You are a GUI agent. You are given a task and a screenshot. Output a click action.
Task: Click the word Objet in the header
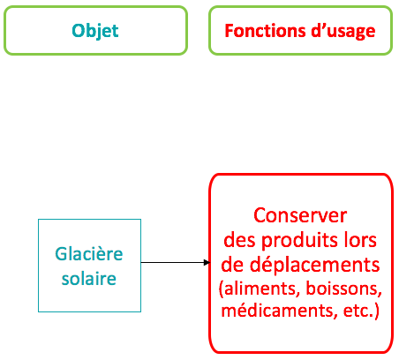95,31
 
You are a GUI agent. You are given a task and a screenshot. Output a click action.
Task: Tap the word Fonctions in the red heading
266,31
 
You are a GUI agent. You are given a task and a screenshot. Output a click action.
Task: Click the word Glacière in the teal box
89,253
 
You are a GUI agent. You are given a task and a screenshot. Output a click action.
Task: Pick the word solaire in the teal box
89,278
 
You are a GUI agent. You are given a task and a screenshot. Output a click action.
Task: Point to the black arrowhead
207,262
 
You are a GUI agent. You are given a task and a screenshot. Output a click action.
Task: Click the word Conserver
300,215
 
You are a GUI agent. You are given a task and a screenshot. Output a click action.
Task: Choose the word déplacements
315,266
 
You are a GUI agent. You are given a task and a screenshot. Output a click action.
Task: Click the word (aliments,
258,289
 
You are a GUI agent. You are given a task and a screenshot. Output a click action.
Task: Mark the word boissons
343,289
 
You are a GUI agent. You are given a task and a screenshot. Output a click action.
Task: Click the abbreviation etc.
361,311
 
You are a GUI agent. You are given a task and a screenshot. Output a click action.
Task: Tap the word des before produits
240,241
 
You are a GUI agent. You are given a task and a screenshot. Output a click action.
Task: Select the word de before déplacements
233,265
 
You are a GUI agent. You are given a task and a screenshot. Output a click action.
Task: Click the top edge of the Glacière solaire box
89,220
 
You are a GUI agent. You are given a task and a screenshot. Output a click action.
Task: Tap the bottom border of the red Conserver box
301,352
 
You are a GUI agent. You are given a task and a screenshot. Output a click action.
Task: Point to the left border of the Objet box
5,30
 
